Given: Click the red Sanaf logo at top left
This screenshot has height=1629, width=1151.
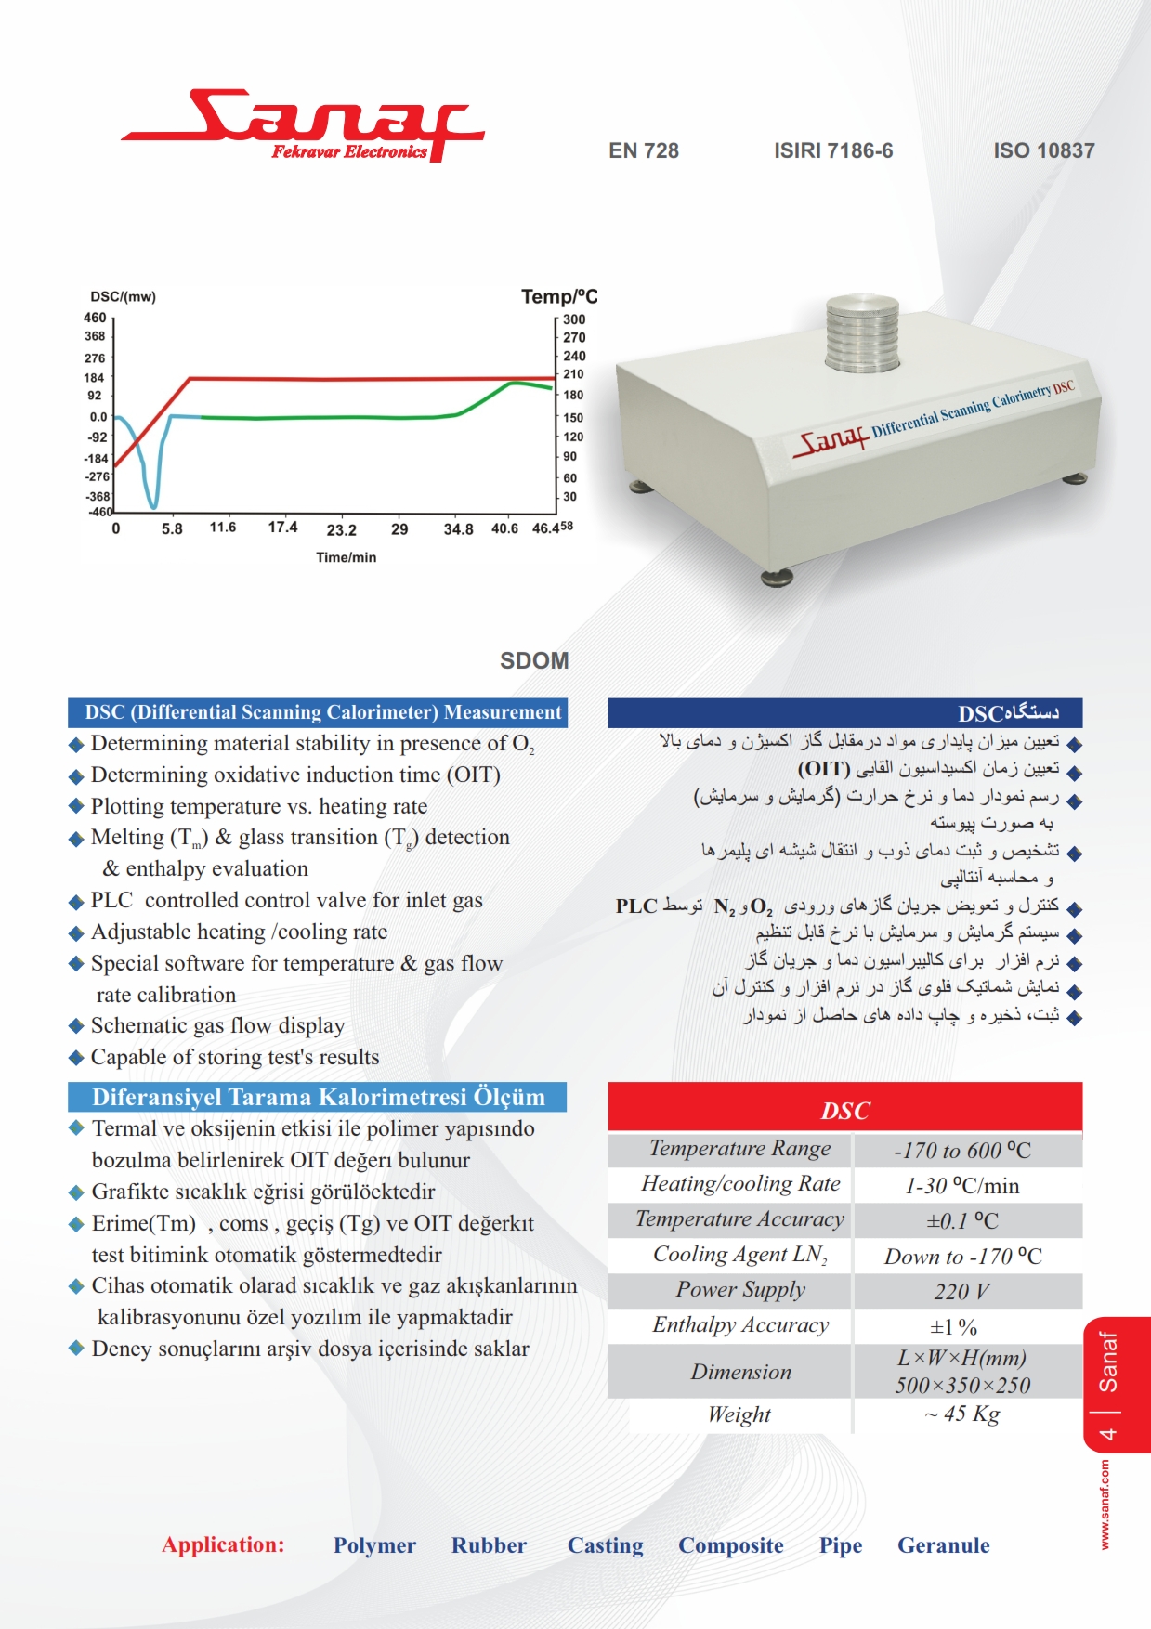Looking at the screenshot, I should pos(302,125).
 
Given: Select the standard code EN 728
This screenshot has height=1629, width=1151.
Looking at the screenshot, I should pos(644,150).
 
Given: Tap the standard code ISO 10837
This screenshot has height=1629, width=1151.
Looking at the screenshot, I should pos(1043,150).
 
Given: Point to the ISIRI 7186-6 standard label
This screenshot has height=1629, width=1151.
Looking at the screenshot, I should pos(833,150).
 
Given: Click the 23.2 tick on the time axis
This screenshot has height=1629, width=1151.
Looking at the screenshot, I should pos(341,530).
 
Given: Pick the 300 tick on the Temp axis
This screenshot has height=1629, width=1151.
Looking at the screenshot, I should pos(574,319).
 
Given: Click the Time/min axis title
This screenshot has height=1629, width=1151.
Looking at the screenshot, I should pos(346,557).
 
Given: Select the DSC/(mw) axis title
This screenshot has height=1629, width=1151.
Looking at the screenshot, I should pos(123,297).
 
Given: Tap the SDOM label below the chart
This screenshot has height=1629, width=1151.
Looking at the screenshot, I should pos(534,660).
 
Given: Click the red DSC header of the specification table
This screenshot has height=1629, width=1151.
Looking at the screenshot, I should pos(844,1110).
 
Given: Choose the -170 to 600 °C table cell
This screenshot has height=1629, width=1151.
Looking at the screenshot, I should pos(961,1151).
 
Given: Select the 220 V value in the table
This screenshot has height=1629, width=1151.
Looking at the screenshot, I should pos(961,1292).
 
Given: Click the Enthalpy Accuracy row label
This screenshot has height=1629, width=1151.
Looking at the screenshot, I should pos(739,1325).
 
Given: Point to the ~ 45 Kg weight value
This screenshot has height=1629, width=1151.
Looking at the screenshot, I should pos(961,1414).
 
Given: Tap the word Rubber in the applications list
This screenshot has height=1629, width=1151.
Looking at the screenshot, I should pos(489,1545).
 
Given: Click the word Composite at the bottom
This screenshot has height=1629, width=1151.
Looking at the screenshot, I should pos(730,1545).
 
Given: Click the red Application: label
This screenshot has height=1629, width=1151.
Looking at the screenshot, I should pos(223,1544).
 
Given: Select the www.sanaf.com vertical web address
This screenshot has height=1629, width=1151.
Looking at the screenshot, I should pos(1105,1504).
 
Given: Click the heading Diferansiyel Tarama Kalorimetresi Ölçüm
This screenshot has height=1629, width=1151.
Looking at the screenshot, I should pos(318,1097).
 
